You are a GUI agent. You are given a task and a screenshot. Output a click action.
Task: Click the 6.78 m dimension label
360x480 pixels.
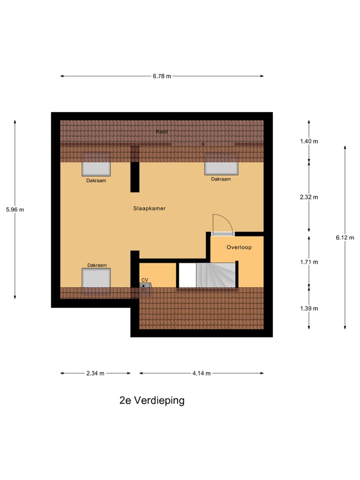coord(162,76)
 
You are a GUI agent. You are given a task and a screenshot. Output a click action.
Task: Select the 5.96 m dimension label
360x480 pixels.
coord(15,209)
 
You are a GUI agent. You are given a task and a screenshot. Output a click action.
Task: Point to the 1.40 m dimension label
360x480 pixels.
coord(309,141)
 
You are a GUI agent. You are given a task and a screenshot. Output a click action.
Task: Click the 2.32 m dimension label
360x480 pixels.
coord(309,197)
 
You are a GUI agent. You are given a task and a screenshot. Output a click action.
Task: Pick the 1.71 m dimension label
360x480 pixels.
coord(309,261)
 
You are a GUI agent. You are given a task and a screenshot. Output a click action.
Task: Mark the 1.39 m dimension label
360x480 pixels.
coord(309,308)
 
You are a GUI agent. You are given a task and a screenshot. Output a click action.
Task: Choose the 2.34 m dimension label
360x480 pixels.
coord(95,373)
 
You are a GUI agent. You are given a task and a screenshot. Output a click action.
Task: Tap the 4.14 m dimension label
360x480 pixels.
coord(201,373)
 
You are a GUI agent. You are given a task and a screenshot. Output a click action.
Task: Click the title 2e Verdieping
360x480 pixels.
coord(152,400)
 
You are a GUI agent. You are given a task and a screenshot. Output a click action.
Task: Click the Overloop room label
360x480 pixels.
coord(238,247)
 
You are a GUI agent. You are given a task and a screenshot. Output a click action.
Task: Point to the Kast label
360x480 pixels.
coord(161,131)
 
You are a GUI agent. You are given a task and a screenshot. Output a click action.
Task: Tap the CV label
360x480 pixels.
coord(145,280)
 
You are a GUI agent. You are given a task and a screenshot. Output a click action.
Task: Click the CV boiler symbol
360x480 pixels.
coord(145,286)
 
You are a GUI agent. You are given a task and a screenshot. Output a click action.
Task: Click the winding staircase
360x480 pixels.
coord(215,275)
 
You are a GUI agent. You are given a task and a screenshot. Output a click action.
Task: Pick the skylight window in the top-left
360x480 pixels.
coord(96,165)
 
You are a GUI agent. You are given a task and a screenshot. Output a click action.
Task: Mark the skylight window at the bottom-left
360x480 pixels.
coord(96,277)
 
